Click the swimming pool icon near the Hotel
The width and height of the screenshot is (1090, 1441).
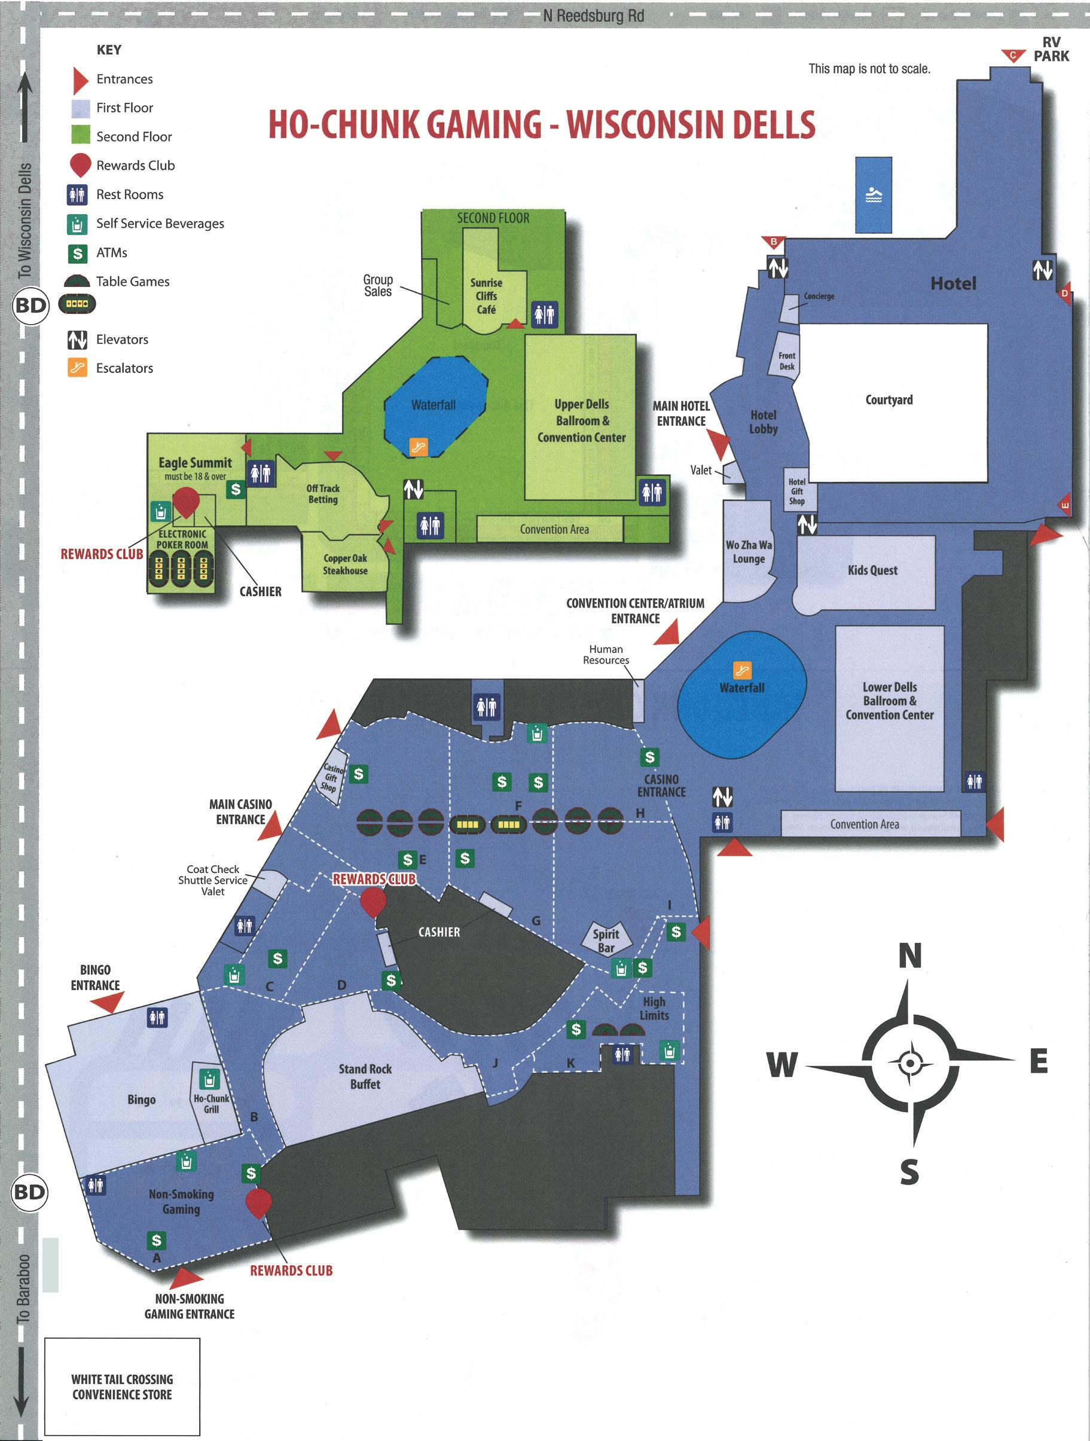pyautogui.click(x=873, y=195)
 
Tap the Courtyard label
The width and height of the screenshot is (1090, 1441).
pyautogui.click(x=889, y=400)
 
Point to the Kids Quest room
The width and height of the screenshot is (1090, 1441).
pyautogui.click(x=872, y=570)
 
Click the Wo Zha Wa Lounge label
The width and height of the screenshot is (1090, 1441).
pyautogui.click(x=749, y=552)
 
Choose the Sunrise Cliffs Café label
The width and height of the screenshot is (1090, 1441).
pyautogui.click(x=486, y=296)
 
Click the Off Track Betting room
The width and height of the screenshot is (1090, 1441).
pyautogui.click(x=322, y=494)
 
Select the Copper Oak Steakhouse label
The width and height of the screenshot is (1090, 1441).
pyautogui.click(x=346, y=564)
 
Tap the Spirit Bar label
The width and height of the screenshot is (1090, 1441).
pyautogui.click(x=606, y=941)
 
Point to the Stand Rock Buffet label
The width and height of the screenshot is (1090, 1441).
pyautogui.click(x=365, y=1076)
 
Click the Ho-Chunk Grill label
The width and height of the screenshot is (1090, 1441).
pyautogui.click(x=211, y=1104)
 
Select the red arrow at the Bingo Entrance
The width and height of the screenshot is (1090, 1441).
pyautogui.click(x=108, y=1002)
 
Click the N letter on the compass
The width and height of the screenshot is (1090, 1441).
pyautogui.click(x=910, y=956)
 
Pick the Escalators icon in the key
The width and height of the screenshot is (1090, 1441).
pyautogui.click(x=78, y=368)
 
